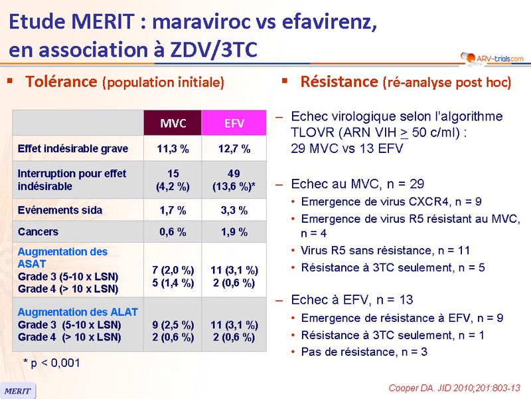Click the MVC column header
point(173,124)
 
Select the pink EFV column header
point(234,124)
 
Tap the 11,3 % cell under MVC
point(173,148)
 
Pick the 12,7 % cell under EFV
point(234,148)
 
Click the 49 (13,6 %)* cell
point(234,180)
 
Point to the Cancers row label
point(38,232)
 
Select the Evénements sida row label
point(60,210)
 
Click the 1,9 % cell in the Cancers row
point(234,232)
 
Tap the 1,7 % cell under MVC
point(173,210)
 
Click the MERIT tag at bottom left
point(18,390)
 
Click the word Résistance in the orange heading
point(339,82)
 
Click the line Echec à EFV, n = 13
point(352,299)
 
